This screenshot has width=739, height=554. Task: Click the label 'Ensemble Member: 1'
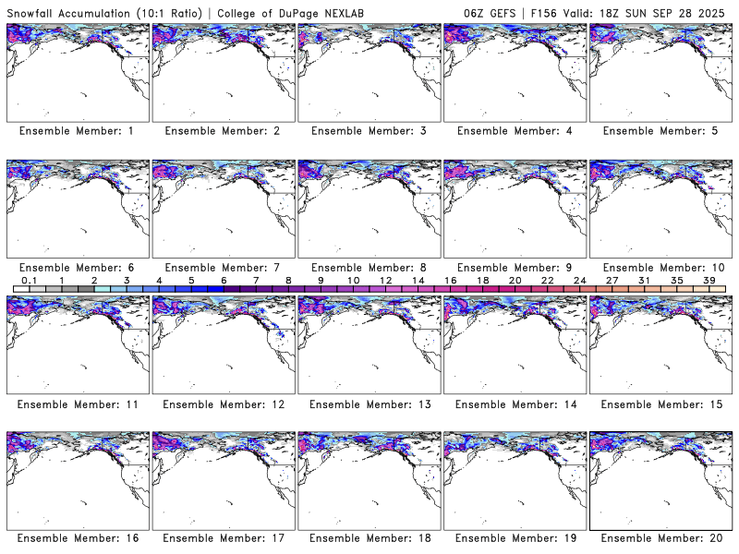point(77,131)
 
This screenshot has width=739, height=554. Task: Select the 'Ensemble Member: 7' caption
point(223,268)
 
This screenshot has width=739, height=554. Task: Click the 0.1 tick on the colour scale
point(29,280)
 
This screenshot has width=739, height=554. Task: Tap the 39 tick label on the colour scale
point(709,280)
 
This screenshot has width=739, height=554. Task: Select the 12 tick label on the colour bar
point(385,280)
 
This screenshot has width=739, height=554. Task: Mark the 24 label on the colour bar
point(579,280)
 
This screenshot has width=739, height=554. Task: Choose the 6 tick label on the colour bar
point(224,280)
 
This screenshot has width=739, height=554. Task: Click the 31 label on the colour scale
point(644,280)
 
